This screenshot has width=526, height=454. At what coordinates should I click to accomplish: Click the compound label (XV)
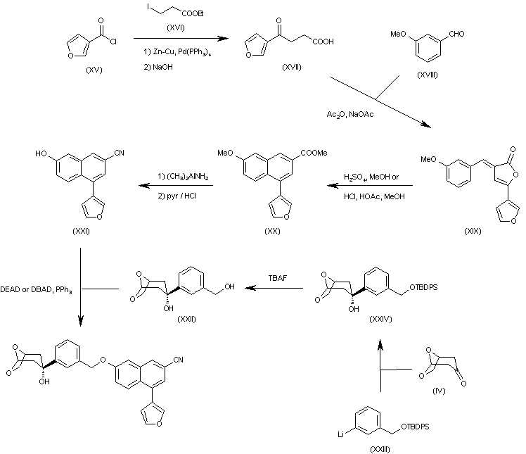[x=94, y=70]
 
